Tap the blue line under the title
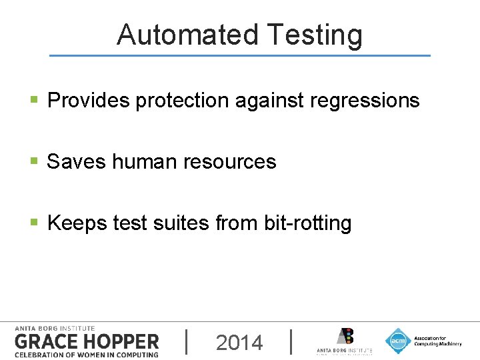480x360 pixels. tap(240, 55)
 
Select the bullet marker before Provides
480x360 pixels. tap(34, 101)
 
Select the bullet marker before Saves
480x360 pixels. tap(34, 161)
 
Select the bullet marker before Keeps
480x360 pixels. tap(34, 223)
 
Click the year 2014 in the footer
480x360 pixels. tap(239, 343)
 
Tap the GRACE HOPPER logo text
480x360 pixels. tap(87, 342)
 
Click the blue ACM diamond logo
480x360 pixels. tap(398, 341)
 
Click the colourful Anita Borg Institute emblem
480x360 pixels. tap(345, 336)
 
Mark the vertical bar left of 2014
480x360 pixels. tap(186, 341)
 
